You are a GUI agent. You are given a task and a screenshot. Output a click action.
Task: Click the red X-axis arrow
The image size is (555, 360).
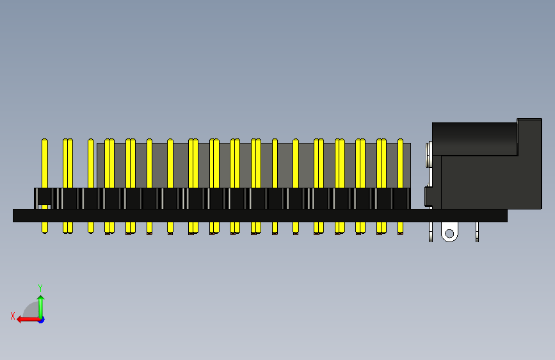click(28, 320)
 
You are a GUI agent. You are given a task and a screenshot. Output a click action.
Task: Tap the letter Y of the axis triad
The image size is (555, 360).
click(40, 288)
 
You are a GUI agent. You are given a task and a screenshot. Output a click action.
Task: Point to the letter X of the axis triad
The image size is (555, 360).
click(13, 316)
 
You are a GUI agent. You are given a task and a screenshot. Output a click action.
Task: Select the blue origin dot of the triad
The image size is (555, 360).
click(42, 320)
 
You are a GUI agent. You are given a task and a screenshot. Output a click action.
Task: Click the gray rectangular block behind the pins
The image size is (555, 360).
click(253, 165)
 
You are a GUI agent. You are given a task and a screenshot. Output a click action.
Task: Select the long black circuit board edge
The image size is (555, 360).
click(260, 215)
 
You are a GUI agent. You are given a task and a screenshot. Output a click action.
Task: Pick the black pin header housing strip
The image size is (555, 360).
click(222, 199)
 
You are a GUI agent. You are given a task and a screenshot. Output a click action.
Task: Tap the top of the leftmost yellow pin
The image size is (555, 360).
click(45, 140)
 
